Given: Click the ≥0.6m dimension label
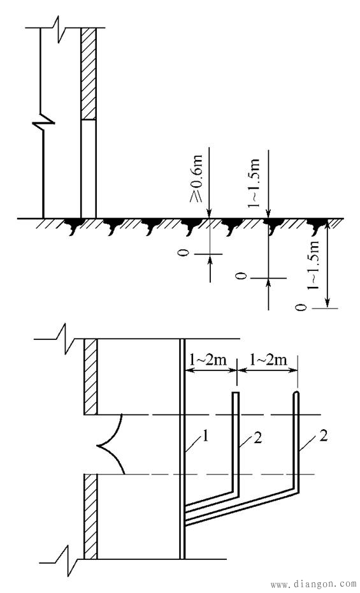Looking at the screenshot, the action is point(196,178).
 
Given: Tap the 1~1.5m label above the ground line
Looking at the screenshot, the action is point(254,183).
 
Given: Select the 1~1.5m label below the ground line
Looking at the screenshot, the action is point(313,265).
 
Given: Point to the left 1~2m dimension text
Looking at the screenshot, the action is point(207,359).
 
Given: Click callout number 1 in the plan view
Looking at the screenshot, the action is point(205,437).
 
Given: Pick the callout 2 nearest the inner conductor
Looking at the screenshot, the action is point(257,438).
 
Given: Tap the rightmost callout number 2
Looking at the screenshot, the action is point(323,436).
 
